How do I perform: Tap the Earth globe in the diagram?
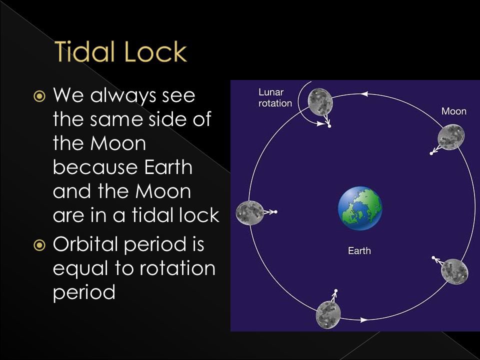[360, 206]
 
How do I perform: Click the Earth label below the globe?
[359, 250]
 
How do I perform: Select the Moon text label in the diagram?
[453, 111]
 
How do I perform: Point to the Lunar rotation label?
[275, 98]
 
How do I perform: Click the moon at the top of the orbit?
[320, 101]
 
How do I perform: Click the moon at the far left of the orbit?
[249, 212]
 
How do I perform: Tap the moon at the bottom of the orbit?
[328, 313]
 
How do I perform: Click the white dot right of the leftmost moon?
[275, 212]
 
